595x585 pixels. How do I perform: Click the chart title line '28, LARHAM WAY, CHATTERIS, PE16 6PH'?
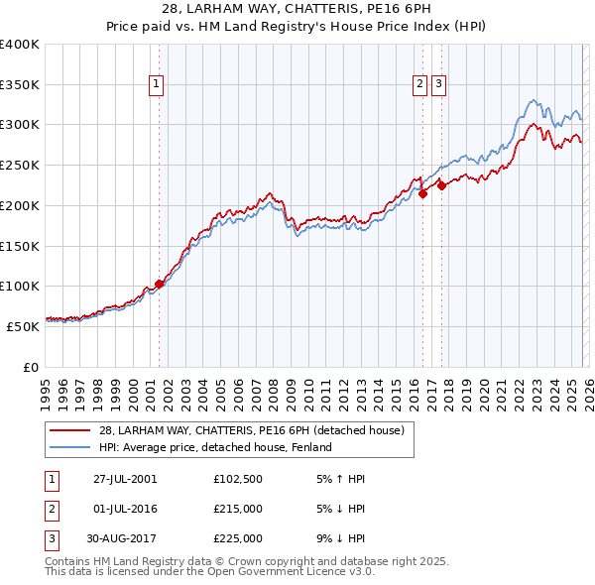click(x=297, y=9)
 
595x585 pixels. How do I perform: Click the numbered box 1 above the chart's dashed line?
click(x=158, y=85)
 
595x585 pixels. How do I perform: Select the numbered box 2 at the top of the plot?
click(x=420, y=85)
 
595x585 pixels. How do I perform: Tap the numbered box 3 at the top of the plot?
click(x=438, y=85)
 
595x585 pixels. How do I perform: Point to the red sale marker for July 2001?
click(x=159, y=285)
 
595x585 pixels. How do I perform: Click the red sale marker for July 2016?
click(x=422, y=194)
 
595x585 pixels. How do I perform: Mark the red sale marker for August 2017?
click(x=442, y=186)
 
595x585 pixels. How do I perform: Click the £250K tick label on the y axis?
click(x=20, y=166)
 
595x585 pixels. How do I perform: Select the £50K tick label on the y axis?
click(x=24, y=326)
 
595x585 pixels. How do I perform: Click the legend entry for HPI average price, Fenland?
click(x=214, y=447)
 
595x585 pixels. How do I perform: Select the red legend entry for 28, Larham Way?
click(x=251, y=430)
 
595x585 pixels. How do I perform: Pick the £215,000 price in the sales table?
click(x=238, y=509)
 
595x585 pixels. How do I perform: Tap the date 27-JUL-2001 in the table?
click(x=125, y=479)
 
